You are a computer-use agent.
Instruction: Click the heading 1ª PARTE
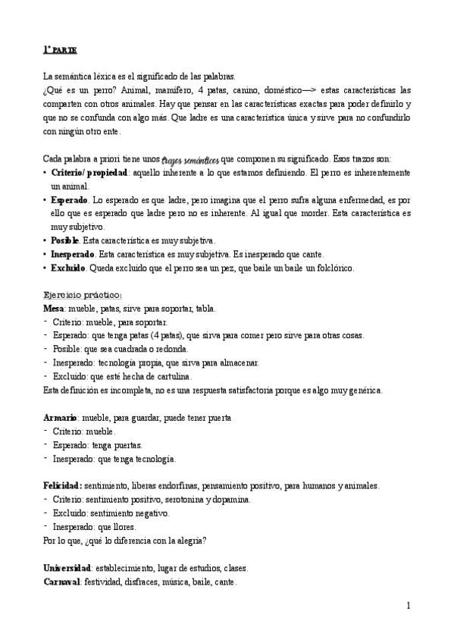pyautogui.click(x=59, y=50)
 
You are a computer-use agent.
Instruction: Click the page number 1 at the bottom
pyautogui.click(x=408, y=606)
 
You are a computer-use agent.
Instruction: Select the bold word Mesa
pyautogui.click(x=55, y=309)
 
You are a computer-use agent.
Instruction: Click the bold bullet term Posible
pyautogui.click(x=64, y=240)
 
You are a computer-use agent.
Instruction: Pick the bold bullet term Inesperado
pyautogui.click(x=73, y=254)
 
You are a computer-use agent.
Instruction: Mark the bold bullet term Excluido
pyautogui.click(x=68, y=268)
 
